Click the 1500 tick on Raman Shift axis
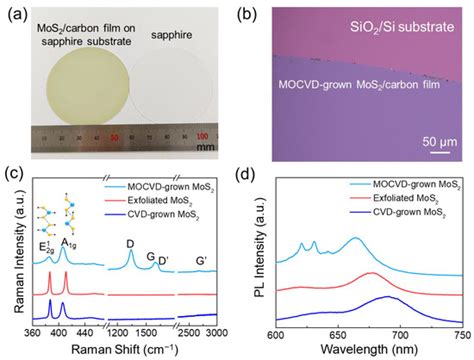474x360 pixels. point(146,332)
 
